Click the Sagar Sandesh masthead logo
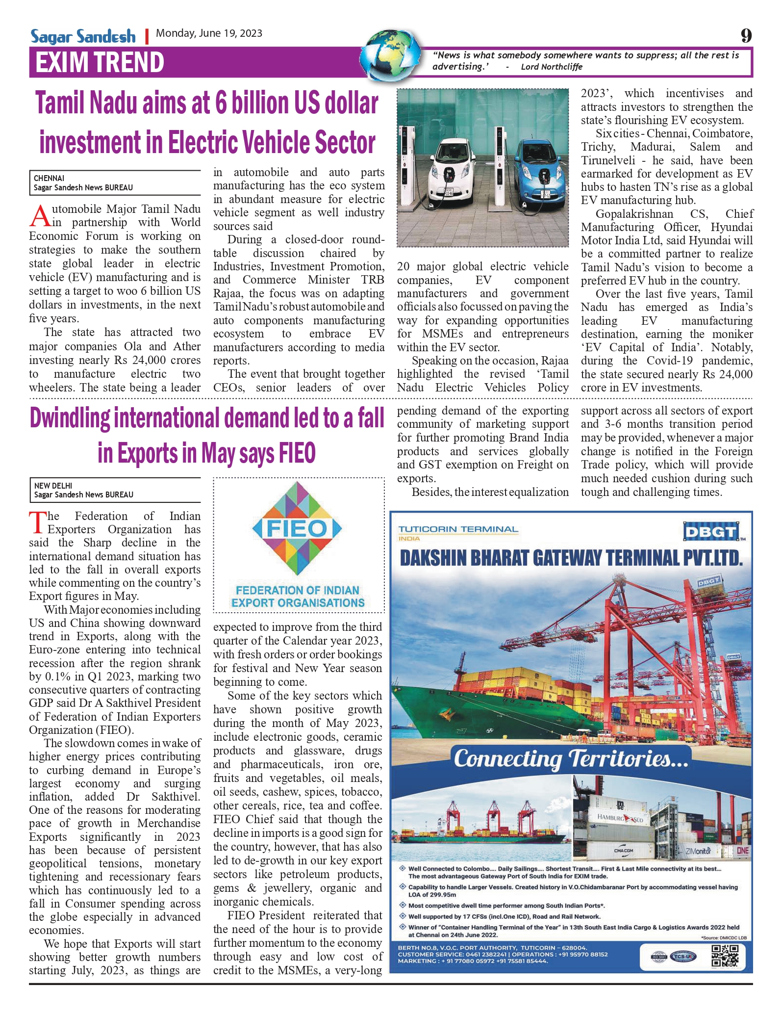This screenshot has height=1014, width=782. click(x=83, y=36)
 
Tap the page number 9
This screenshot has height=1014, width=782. click(x=746, y=36)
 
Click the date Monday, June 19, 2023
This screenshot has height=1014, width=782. click(x=209, y=33)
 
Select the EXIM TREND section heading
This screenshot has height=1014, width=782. click(x=100, y=63)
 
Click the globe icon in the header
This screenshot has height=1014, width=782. click(x=390, y=55)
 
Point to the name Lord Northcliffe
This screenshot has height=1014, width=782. click(x=552, y=67)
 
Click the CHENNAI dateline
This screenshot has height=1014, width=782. click(x=49, y=178)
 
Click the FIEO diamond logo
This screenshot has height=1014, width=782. click(x=297, y=528)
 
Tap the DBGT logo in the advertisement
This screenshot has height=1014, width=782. click(x=711, y=532)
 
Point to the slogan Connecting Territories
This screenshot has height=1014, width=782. click(x=571, y=758)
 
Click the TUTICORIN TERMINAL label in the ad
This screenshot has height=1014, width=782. click(x=458, y=530)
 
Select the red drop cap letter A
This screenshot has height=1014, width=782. click(x=40, y=216)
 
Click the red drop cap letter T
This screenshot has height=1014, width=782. click(x=37, y=522)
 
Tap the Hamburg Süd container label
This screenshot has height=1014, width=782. click(x=620, y=818)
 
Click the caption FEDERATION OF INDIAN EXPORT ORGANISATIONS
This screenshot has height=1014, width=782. click(x=298, y=597)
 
